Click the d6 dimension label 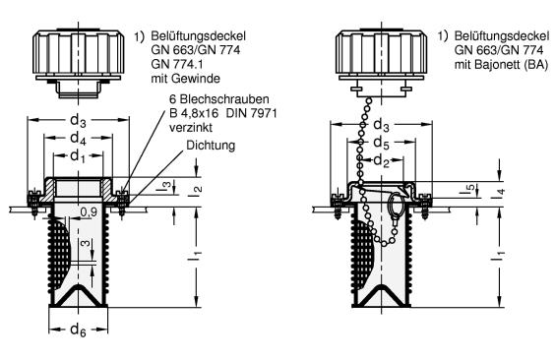coord(78,330)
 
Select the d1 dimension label coord(78,156)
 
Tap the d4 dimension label coord(78,139)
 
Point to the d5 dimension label coord(382,143)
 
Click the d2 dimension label coord(382,161)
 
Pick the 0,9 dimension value coord(89,212)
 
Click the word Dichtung coord(211,146)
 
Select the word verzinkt coord(191,127)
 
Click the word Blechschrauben coord(223,99)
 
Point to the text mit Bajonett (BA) coord(501,65)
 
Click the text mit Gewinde coord(185,79)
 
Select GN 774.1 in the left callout coord(177,64)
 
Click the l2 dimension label coord(198,189)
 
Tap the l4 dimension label coord(501,193)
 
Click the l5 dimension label coord(473,189)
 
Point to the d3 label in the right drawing coord(382,125)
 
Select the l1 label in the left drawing coord(198,256)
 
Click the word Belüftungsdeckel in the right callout coord(502,36)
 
